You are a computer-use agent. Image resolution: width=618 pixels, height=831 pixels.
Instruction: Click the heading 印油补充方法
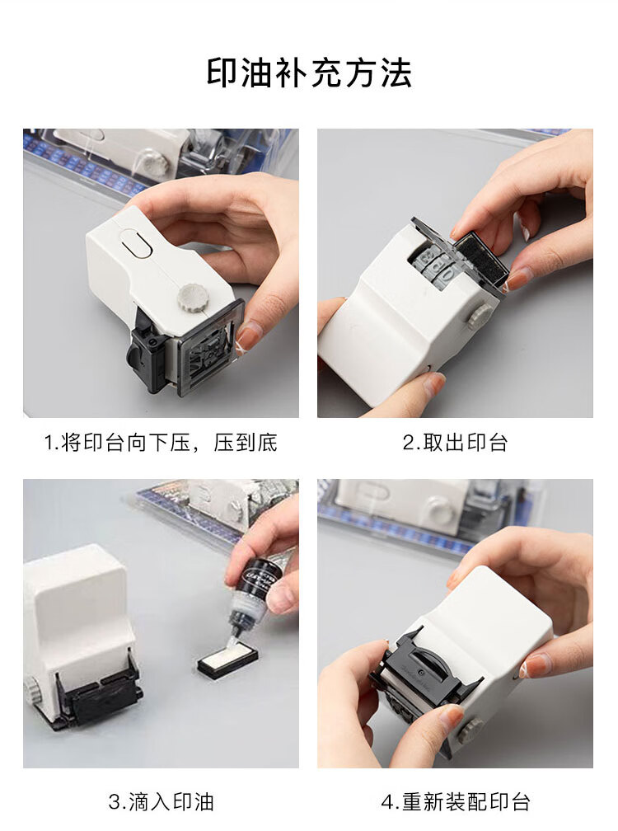coord(309,73)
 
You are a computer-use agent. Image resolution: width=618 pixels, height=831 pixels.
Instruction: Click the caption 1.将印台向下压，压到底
coord(161,443)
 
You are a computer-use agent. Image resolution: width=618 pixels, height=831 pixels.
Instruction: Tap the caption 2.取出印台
coord(455,443)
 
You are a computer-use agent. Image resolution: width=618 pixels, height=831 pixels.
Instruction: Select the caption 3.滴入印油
coord(161,802)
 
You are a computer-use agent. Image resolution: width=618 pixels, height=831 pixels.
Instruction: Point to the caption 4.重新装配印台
coord(456,802)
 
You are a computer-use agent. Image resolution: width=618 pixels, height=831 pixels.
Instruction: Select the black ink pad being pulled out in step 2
coord(479,255)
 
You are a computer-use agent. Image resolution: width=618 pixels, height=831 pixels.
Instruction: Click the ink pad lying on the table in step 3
coord(229,658)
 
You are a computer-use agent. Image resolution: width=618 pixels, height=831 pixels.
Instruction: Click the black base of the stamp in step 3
coord(98,699)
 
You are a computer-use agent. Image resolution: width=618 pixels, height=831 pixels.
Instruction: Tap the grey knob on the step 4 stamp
coord(471,730)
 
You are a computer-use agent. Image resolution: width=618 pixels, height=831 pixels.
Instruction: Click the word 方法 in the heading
coord(378,73)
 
